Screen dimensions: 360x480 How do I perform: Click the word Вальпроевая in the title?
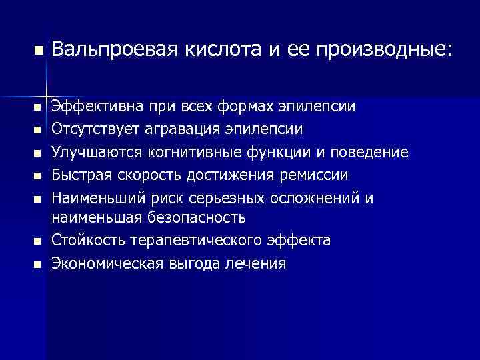tap(113, 49)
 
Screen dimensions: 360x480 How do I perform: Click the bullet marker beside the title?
tap(38, 50)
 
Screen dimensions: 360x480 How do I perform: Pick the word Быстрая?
tap(78, 175)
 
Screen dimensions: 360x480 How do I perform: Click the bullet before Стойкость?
tap(38, 240)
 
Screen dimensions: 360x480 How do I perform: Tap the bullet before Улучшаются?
tap(38, 153)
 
